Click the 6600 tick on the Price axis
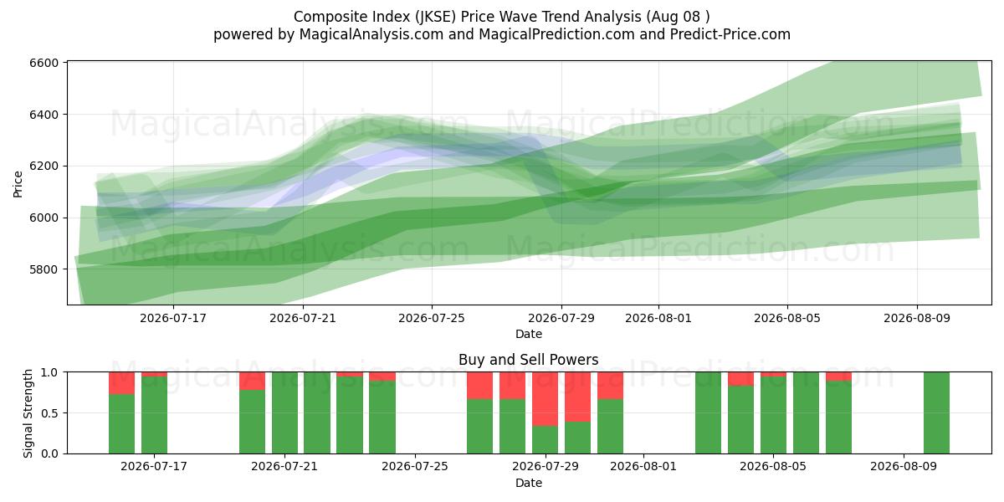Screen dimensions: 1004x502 44,63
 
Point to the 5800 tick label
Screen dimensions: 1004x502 44,269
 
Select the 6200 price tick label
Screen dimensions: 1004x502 44,166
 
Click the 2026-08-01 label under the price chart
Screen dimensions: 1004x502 658,318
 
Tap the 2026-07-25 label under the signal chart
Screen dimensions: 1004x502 415,466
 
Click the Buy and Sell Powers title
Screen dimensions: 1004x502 529,360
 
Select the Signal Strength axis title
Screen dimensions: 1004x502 28,413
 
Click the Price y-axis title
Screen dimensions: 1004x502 18,184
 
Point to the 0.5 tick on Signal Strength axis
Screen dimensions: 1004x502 49,412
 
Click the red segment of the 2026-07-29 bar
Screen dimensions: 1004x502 545,399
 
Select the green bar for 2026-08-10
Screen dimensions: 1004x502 936,412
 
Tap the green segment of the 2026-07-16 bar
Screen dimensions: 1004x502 121,424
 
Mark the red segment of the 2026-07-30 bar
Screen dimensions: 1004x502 577,397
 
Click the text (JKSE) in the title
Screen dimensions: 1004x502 435,17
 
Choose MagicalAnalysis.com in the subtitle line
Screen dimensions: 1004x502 371,34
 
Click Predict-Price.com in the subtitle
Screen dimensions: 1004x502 730,34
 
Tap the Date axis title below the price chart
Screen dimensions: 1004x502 529,334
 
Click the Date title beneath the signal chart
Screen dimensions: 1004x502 529,483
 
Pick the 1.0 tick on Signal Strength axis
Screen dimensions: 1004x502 49,372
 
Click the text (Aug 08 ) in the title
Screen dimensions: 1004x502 678,17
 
